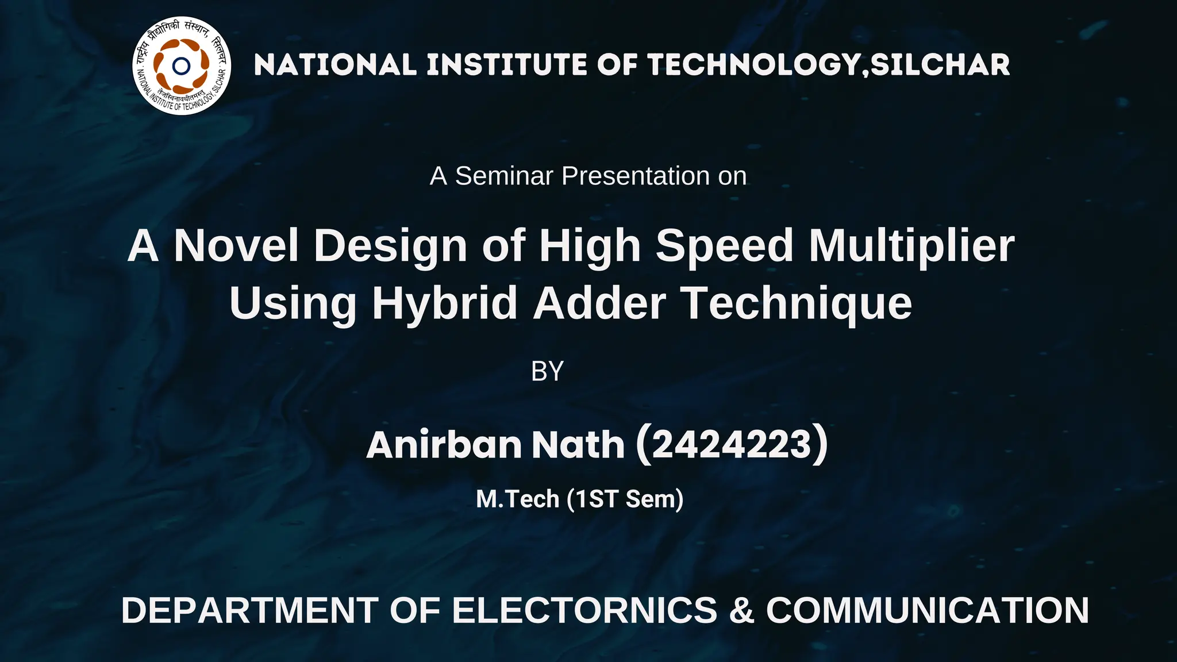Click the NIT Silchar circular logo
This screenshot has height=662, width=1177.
click(x=182, y=66)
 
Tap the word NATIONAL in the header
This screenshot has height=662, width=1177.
click(x=335, y=65)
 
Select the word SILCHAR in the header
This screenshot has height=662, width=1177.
click(x=940, y=65)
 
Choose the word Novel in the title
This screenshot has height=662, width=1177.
click(x=236, y=245)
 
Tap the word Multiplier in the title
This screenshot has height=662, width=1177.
click(x=911, y=245)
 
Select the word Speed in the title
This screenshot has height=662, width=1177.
click(x=725, y=245)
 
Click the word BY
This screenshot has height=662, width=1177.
click(x=547, y=371)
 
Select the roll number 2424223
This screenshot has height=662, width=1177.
click(x=731, y=445)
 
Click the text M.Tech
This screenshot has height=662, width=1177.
click(x=517, y=499)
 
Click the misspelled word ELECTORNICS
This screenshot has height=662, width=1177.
click(x=584, y=610)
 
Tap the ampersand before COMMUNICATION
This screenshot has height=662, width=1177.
click(x=741, y=610)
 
